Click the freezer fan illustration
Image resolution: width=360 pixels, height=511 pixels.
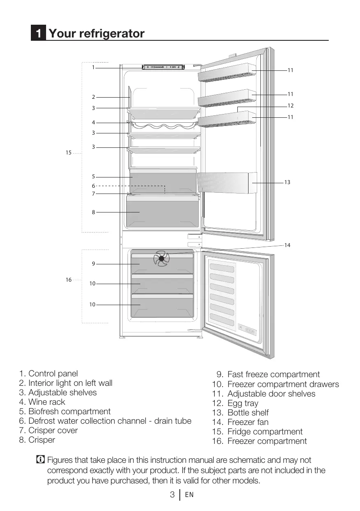pos(161,259)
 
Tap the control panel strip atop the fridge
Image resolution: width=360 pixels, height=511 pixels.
pos(163,67)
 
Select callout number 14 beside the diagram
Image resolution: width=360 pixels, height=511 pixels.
pos(287,245)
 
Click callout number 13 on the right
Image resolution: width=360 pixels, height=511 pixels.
pos(287,182)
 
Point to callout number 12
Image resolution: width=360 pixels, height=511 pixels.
pos(290,106)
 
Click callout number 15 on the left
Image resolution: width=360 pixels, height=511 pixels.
pos(68,153)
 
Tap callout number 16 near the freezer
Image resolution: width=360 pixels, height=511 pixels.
pos(68,280)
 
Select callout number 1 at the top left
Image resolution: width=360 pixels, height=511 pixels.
pos(93,67)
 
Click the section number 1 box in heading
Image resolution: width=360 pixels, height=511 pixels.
pos(38,33)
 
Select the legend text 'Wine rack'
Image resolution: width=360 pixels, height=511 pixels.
pos(46,402)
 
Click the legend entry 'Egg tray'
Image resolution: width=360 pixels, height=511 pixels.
pos(243,403)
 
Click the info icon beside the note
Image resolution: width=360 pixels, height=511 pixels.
pos(40,460)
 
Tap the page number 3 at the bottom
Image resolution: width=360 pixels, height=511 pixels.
pos(172,495)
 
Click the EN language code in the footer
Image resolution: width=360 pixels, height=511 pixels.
pos(189,495)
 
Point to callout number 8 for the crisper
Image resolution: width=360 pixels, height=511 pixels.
pos(93,212)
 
